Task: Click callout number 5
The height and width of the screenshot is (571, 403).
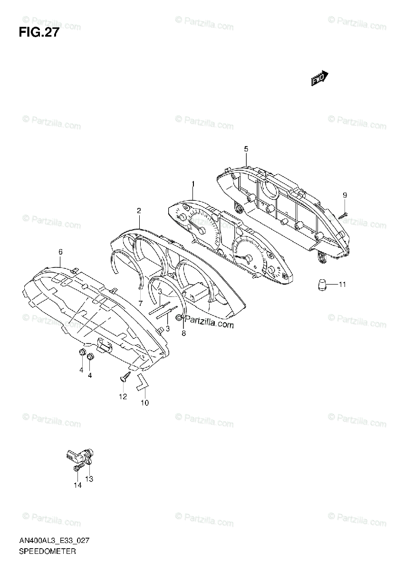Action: coord(246,149)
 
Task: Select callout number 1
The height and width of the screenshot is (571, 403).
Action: coord(193,184)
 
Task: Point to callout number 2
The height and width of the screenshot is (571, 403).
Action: coord(139,210)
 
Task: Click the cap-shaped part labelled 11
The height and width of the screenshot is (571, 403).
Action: coord(322,285)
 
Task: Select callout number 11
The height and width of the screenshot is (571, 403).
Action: coord(343,285)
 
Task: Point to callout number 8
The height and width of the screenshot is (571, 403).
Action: coord(184,333)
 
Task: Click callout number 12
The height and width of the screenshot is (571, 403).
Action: coord(123,396)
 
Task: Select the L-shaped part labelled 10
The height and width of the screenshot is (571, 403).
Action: coord(142,382)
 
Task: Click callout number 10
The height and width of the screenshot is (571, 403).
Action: coord(144,403)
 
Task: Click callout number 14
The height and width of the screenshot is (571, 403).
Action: coord(77,485)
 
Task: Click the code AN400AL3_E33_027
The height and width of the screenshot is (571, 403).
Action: coord(55,541)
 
